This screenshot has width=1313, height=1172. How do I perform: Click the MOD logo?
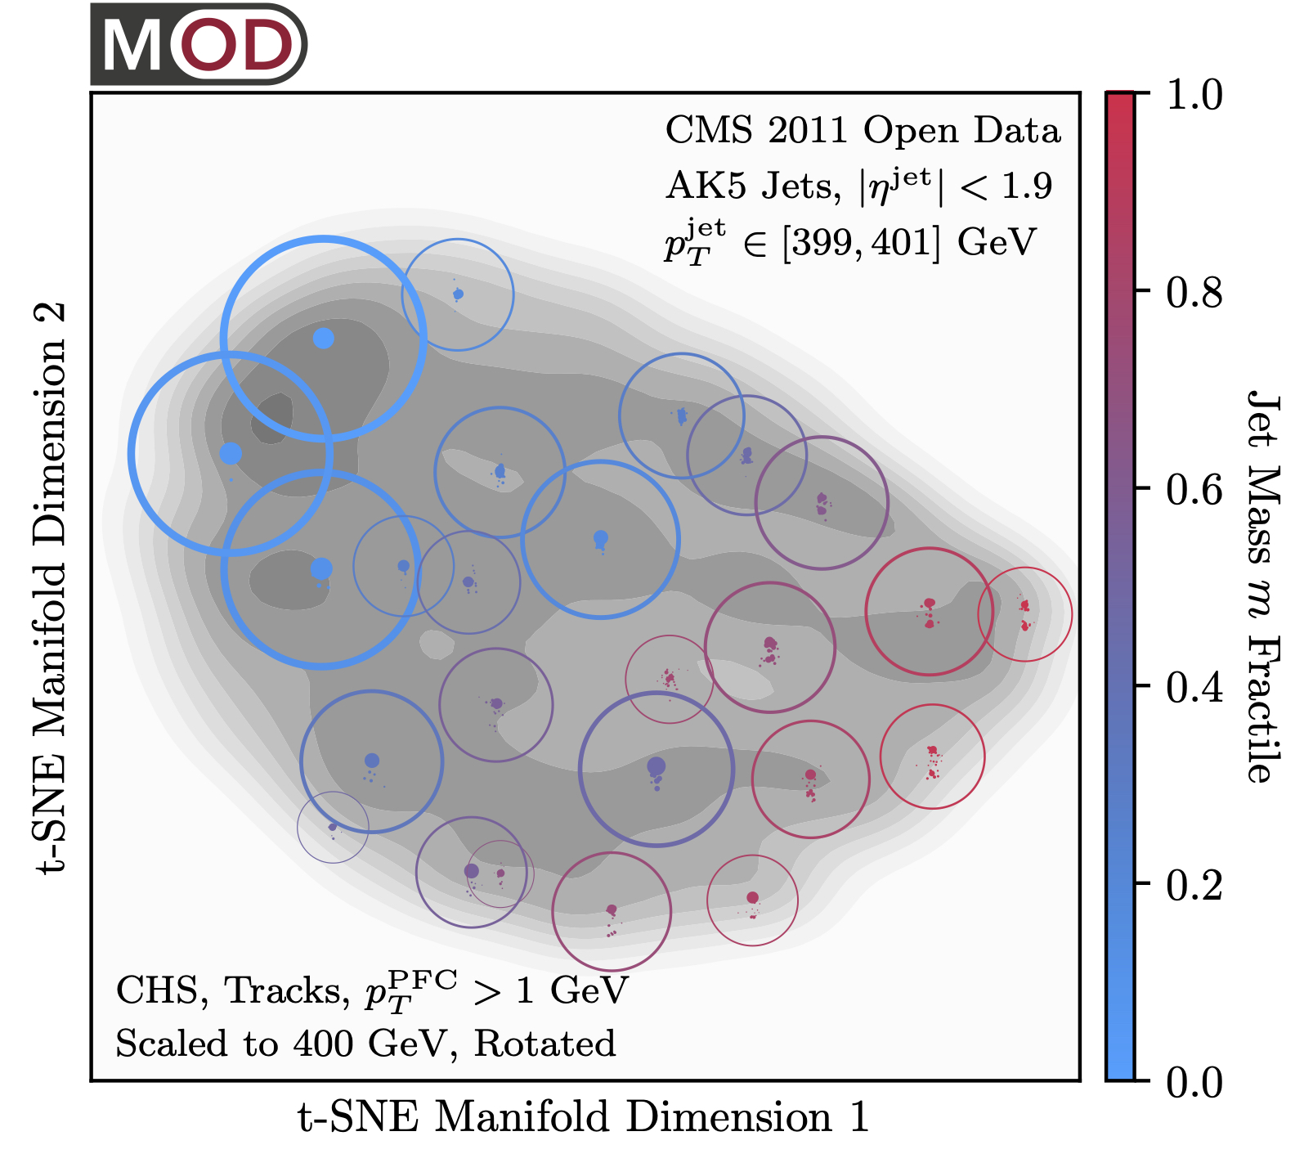[x=199, y=45]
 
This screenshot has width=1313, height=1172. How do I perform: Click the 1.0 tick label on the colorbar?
[x=1194, y=96]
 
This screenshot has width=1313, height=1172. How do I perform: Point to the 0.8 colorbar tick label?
[x=1194, y=292]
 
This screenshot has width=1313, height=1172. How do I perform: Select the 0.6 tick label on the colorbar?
[x=1194, y=490]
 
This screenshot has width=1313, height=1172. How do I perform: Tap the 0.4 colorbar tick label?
[x=1194, y=688]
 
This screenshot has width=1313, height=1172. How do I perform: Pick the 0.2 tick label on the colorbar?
[x=1194, y=885]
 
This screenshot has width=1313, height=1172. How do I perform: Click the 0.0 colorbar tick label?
[x=1194, y=1082]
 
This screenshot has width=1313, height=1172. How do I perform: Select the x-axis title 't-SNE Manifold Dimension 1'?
[x=583, y=1117]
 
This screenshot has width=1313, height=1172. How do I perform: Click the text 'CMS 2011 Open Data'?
[x=863, y=131]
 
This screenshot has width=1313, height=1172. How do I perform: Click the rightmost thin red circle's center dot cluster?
[x=1024, y=614]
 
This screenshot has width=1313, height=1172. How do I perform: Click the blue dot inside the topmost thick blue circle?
[x=324, y=338]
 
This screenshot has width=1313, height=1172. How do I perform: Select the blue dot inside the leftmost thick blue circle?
[x=231, y=453]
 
